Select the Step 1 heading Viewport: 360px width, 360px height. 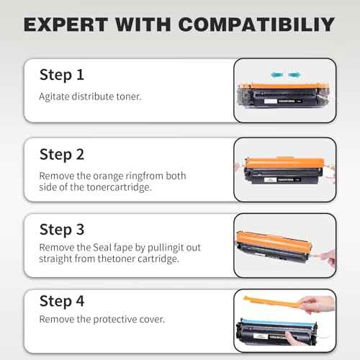pos(61,74)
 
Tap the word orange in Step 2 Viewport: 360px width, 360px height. pos(114,175)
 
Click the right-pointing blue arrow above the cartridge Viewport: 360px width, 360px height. pos(294,73)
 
